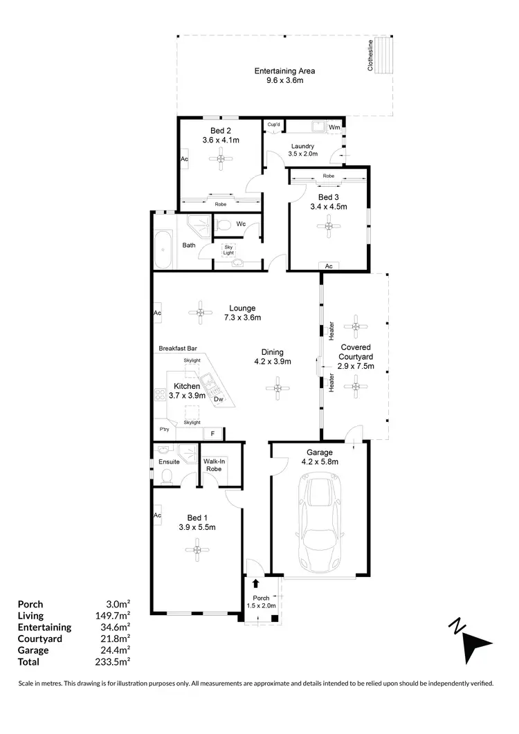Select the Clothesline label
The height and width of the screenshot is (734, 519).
click(x=371, y=55)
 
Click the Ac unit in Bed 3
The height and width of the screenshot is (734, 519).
click(x=329, y=266)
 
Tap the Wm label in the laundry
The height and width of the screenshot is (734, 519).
click(x=334, y=127)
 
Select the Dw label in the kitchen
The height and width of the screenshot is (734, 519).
click(x=218, y=399)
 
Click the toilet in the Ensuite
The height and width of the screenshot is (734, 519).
click(x=165, y=475)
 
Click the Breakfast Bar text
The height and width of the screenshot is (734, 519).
click(x=178, y=348)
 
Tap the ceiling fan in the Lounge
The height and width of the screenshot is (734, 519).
click(x=200, y=313)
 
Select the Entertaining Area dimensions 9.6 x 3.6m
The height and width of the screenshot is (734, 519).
click(x=284, y=80)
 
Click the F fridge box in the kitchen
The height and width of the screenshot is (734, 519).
click(x=212, y=434)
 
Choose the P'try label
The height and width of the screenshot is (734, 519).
click(x=164, y=430)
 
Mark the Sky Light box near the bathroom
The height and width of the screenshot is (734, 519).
click(x=228, y=250)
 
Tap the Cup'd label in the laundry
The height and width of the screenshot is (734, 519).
click(x=274, y=125)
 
